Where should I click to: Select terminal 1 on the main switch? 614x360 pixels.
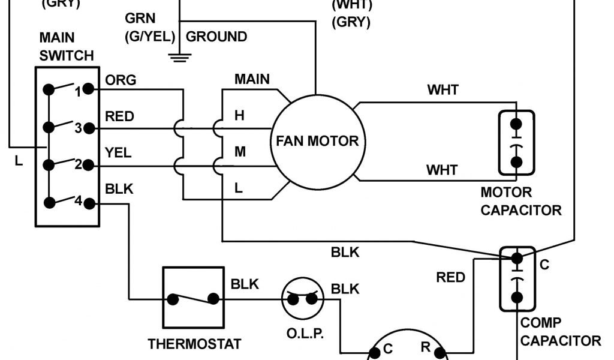click(x=88, y=90)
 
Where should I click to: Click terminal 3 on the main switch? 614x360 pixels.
click(x=88, y=127)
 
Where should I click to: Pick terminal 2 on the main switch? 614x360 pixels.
click(x=88, y=164)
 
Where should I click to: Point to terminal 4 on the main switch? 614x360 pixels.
click(x=88, y=203)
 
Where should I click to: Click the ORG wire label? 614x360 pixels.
click(x=121, y=80)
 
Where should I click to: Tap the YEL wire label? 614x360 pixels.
click(x=118, y=153)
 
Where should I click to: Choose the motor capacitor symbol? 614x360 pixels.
click(x=516, y=143)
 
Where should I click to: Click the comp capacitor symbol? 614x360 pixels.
click(x=516, y=278)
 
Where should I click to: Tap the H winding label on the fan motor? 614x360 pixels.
click(x=239, y=115)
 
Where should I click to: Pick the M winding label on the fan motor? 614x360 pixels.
click(x=240, y=152)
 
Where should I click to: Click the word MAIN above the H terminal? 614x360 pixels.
click(x=252, y=79)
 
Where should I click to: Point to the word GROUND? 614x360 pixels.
click(x=216, y=37)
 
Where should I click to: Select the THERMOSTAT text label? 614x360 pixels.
click(x=195, y=344)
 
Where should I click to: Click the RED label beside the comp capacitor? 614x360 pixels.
click(x=450, y=277)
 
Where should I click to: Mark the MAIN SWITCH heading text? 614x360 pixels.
click(x=67, y=47)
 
